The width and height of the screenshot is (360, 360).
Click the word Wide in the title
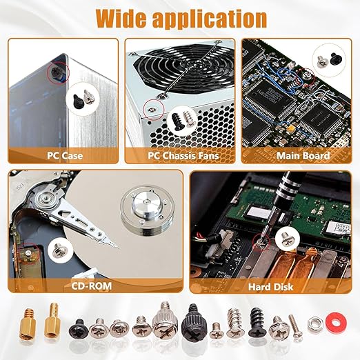tap(122, 18)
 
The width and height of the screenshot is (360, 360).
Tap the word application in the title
tap(210, 20)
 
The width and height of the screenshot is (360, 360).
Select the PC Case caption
tap(65, 156)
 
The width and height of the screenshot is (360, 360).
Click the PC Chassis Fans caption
tap(183, 156)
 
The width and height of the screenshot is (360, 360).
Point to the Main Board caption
tap(303, 156)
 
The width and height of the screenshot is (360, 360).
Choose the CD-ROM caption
tap(91, 286)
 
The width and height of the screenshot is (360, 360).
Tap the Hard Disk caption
tap(270, 287)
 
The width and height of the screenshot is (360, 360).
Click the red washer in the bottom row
tap(336, 323)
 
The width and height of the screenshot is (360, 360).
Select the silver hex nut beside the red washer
tap(315, 324)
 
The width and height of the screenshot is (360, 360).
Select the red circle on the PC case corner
tap(58, 73)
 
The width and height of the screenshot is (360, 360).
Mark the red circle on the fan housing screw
tap(154, 110)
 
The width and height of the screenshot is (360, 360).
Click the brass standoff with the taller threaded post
tap(52, 321)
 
